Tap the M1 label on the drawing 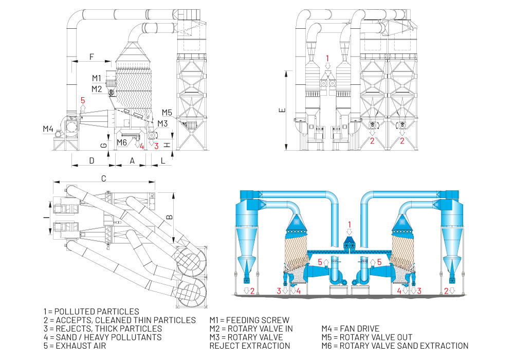(97, 78)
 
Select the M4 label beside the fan (49, 129)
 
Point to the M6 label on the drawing (121, 142)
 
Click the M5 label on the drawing (167, 112)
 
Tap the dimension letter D (91, 161)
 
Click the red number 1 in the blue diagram (350, 224)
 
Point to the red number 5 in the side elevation (82, 100)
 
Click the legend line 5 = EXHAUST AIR (75, 346)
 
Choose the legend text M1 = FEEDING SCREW (249, 320)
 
